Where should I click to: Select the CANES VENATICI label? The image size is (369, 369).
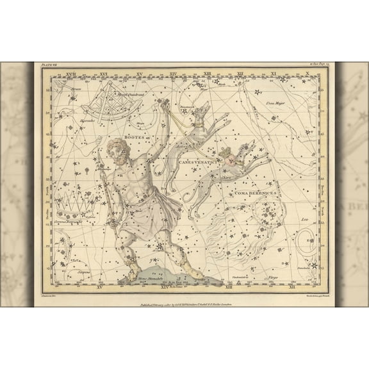click(x=196, y=163)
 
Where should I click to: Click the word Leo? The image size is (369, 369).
click(x=296, y=218)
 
